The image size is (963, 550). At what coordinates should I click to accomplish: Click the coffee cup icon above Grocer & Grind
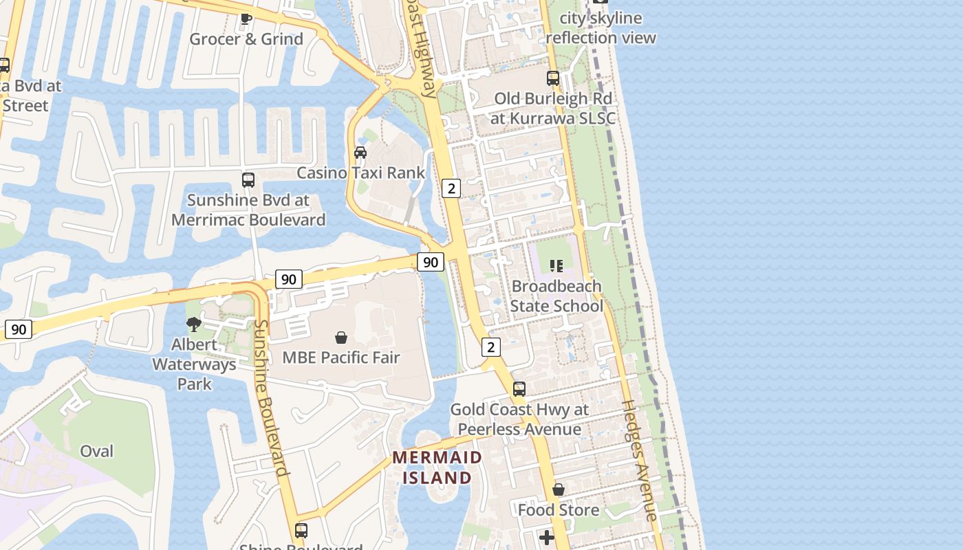[246, 19]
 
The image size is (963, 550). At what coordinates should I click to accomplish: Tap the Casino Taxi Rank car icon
[360, 152]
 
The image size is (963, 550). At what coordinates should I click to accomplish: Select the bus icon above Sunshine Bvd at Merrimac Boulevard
[248, 180]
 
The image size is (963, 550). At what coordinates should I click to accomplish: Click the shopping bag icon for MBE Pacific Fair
[340, 338]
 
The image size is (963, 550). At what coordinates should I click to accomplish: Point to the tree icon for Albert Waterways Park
[194, 324]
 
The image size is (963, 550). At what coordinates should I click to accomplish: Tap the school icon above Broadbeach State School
[556, 265]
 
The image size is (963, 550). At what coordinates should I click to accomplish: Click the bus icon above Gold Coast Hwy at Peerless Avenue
[519, 389]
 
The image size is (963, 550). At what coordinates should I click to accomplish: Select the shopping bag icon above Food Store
[559, 489]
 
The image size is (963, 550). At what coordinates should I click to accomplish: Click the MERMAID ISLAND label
[437, 467]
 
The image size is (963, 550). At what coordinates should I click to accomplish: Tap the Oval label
[96, 451]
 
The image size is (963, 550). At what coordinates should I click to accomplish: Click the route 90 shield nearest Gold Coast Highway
[431, 261]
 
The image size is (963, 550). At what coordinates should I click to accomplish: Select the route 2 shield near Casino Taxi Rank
[451, 188]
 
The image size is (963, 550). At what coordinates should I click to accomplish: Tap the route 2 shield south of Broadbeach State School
[490, 346]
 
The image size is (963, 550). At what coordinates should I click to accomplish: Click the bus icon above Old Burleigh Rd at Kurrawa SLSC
[553, 78]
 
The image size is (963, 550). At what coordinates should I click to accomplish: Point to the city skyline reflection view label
[601, 27]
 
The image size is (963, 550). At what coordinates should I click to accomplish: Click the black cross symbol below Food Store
[547, 537]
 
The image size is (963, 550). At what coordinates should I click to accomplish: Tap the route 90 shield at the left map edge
[19, 329]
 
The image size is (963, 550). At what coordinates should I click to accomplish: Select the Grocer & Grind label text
[246, 39]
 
